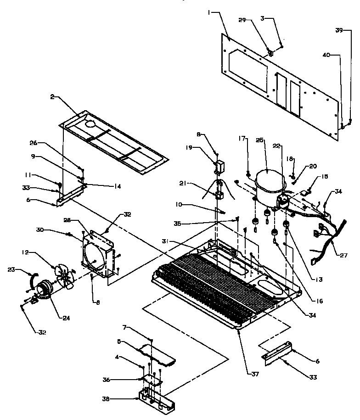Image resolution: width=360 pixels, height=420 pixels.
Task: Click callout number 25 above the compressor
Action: click(260, 140)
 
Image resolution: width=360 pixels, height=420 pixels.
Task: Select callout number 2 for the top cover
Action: click(52, 97)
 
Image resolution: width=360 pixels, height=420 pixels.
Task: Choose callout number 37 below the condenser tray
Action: click(255, 374)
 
